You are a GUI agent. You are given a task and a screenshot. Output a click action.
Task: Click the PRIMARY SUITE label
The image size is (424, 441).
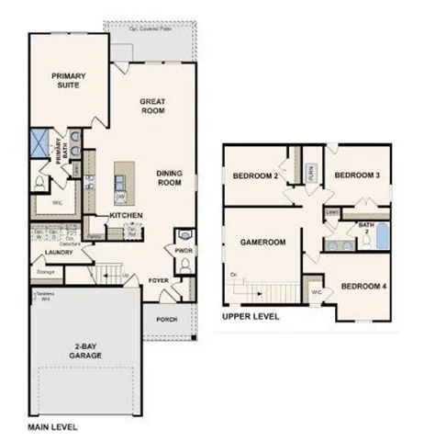point(69,80)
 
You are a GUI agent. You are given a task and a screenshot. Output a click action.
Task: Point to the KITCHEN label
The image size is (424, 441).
point(125,215)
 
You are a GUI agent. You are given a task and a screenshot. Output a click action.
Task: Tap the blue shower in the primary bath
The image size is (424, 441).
point(39,143)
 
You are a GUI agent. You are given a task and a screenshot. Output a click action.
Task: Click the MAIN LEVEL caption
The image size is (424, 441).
point(52,428)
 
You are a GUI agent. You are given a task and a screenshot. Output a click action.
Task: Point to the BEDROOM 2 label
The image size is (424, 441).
point(254,176)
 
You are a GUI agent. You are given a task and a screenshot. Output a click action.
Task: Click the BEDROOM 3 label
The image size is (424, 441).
point(355,175)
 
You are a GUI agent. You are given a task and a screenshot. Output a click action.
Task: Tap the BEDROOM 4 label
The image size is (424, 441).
point(363,286)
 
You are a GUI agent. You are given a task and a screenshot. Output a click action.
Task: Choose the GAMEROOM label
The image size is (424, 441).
point(264,243)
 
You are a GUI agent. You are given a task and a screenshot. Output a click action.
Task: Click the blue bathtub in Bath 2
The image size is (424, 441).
point(378,241)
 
